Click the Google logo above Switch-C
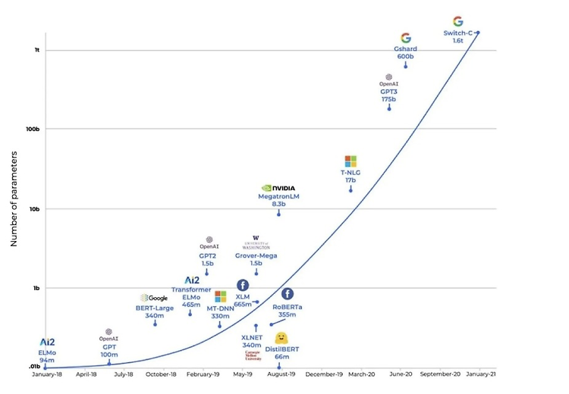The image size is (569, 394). [457, 21]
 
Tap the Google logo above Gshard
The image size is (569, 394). [405, 38]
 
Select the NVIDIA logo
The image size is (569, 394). [278, 188]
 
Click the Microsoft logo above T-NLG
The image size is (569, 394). [351, 161]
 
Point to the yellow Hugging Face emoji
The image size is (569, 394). [281, 337]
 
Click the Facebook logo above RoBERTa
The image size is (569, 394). [288, 294]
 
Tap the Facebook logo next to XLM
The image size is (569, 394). [243, 285]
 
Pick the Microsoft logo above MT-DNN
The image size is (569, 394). [220, 296]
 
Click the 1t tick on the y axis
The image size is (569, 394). [36, 50]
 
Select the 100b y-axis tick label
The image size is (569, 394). [33, 130]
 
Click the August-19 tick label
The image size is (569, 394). [281, 374]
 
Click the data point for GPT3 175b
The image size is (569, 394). [389, 108]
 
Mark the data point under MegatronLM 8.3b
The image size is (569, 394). [278, 214]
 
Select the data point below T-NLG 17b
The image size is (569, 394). [351, 189]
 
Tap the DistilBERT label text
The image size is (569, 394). [281, 349]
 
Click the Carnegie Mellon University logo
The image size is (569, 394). [253, 355]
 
